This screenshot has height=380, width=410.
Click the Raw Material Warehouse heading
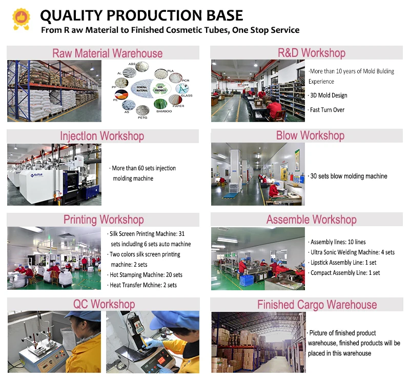tap(107, 53)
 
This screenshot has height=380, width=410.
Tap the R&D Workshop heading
tap(311, 53)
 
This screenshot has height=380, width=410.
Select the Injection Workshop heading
tap(102, 136)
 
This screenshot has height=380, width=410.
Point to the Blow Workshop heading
tap(310, 136)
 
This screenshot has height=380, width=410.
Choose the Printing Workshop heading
tap(104, 220)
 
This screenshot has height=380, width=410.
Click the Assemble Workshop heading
tap(311, 220)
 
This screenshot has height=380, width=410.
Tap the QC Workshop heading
tap(104, 304)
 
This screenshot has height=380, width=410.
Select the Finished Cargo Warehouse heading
tap(317, 305)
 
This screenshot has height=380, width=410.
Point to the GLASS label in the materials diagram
tap(186, 95)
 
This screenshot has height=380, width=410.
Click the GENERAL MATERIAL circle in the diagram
tap(141, 88)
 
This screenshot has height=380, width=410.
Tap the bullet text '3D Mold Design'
tap(328, 95)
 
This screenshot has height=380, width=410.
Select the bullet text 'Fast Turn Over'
tap(327, 110)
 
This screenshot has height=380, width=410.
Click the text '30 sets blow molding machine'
tap(348, 176)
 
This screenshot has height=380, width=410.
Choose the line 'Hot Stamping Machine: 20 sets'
tap(146, 275)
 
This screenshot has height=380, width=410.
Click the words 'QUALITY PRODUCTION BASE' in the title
tap(141, 16)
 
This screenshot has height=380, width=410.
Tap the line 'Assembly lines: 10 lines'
tap(338, 242)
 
